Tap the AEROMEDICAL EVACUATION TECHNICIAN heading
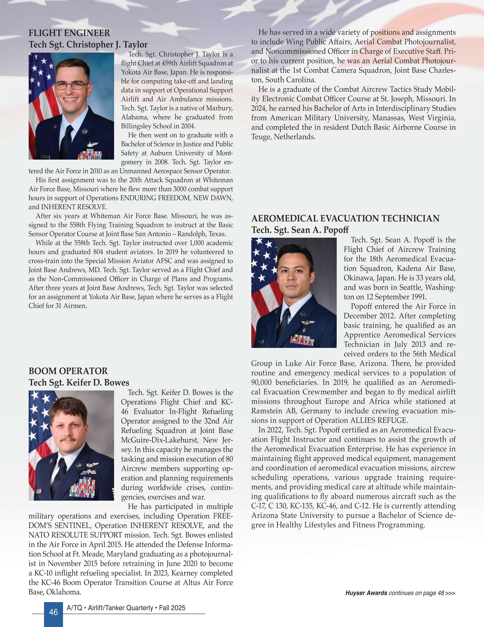pyautogui.click(x=345, y=218)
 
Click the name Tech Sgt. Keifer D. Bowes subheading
pyautogui.click(x=79, y=382)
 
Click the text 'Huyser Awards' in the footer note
pyautogui.click(x=366, y=593)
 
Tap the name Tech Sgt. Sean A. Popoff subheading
pyautogui.click(x=300, y=230)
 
